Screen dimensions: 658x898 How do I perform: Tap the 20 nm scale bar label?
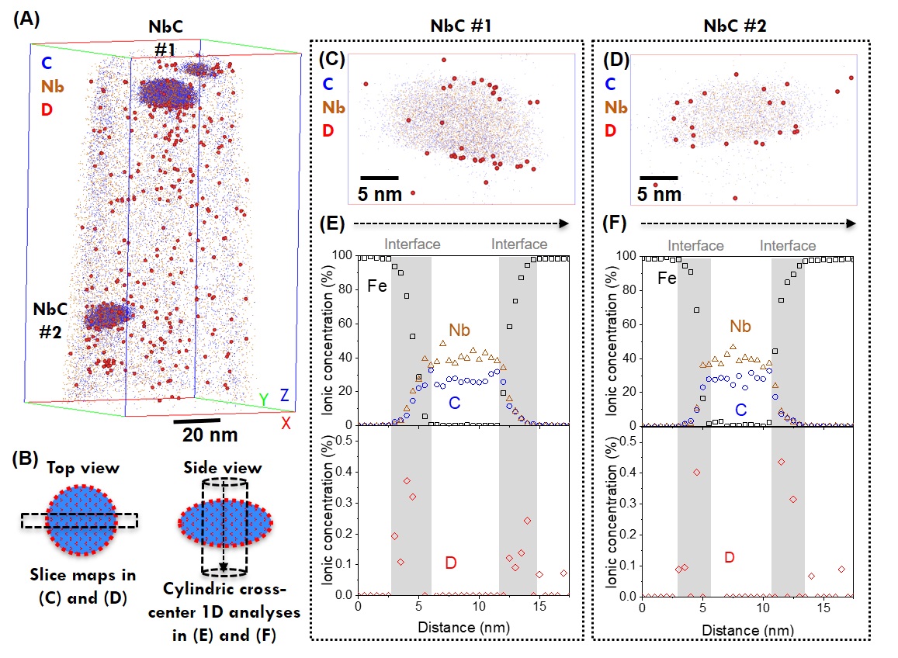[206, 435]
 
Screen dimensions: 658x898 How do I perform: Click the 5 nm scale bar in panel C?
[380, 178]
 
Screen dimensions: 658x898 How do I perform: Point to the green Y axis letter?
[264, 399]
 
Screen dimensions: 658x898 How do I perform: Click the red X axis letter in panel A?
[287, 422]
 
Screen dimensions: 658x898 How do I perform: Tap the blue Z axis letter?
[285, 396]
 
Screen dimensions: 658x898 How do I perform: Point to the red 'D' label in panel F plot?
[729, 556]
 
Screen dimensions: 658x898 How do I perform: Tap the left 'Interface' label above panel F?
[695, 245]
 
